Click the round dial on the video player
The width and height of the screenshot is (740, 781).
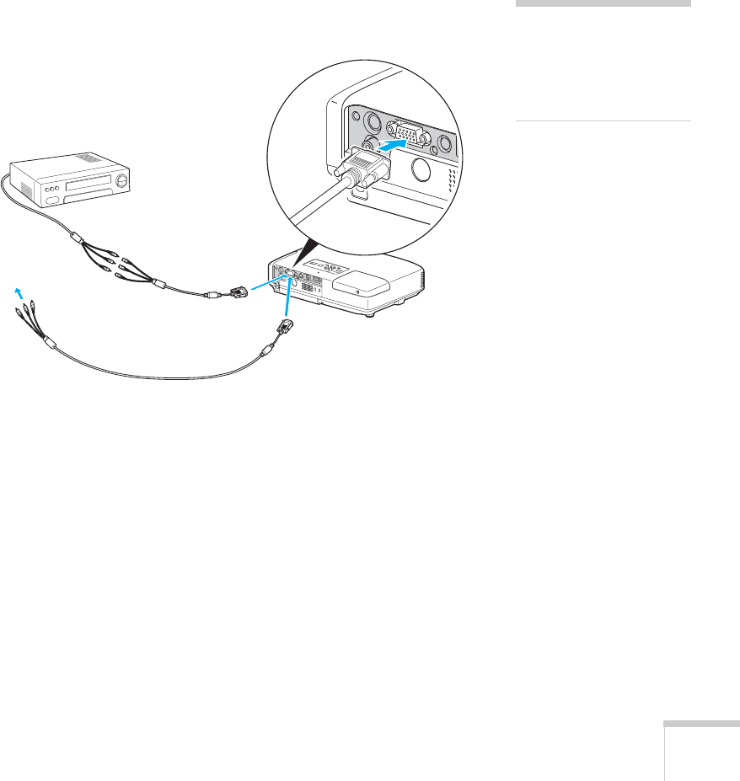[123, 179]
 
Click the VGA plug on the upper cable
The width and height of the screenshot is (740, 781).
[237, 292]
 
